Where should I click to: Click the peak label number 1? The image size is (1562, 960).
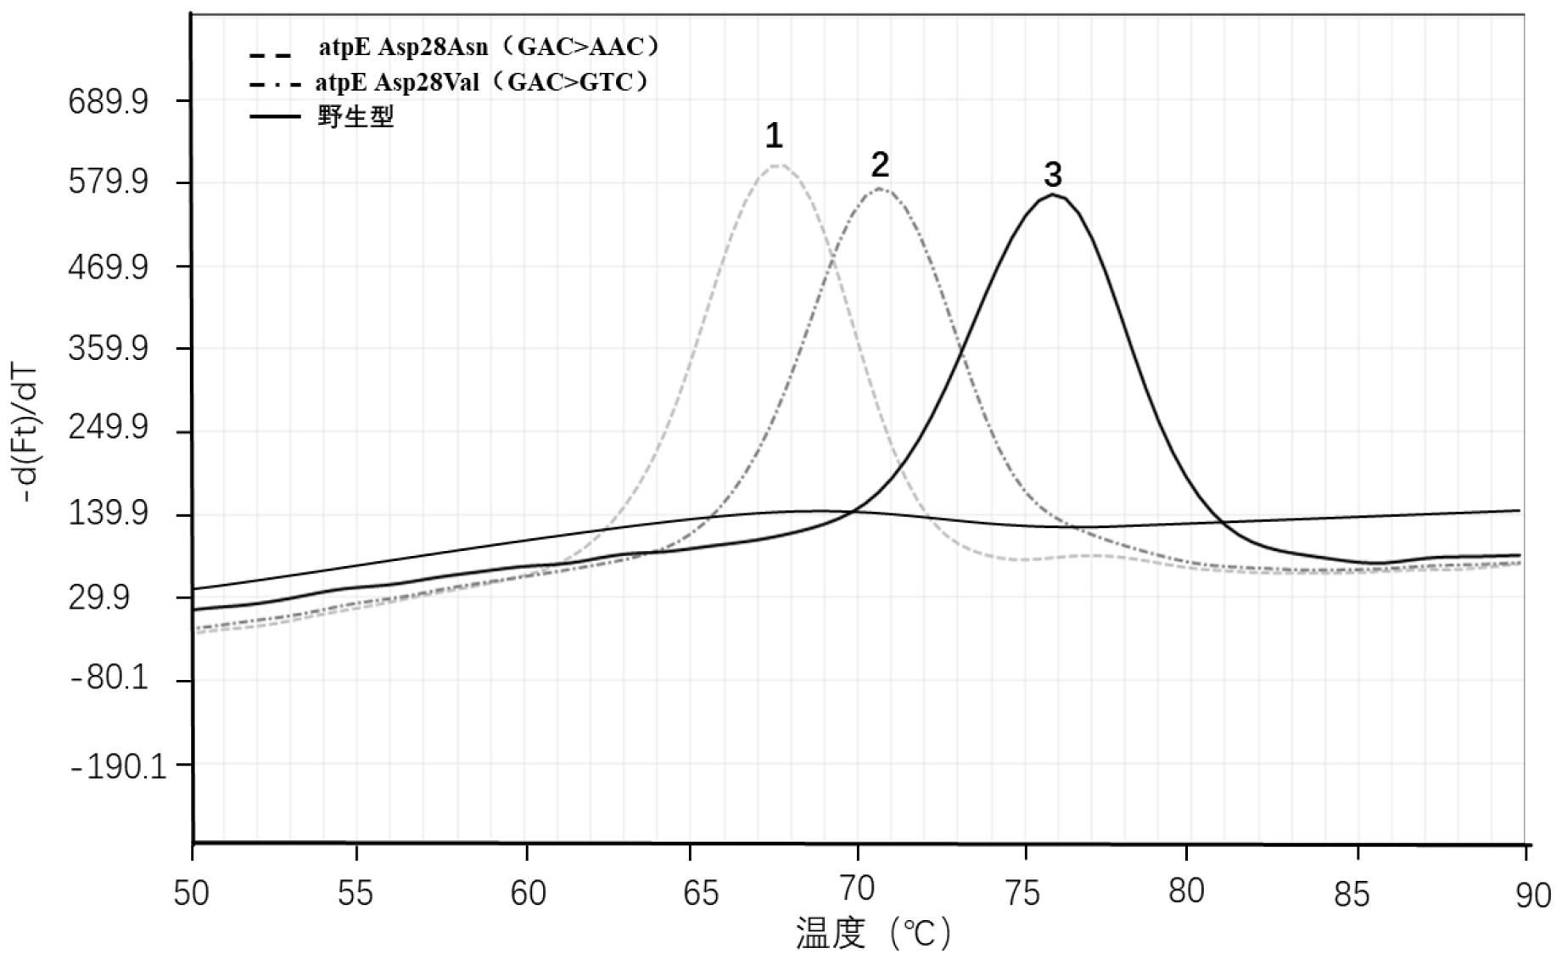(x=774, y=136)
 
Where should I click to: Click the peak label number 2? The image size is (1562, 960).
(x=880, y=164)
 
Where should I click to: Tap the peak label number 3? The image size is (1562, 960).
(x=1052, y=175)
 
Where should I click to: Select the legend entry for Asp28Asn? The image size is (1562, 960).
(x=489, y=47)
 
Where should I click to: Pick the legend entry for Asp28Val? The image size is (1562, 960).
(x=482, y=82)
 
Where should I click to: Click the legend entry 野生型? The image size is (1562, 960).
(x=356, y=115)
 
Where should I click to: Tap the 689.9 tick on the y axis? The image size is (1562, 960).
(x=108, y=102)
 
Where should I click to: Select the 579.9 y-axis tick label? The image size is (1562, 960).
(x=108, y=183)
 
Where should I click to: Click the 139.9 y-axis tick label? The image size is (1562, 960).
(x=108, y=514)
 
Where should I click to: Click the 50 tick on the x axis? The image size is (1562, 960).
(x=193, y=893)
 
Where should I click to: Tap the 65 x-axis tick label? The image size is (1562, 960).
(x=700, y=893)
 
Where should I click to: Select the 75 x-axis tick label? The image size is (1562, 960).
(x=1026, y=893)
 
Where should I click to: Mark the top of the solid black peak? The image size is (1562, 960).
(x=1053, y=195)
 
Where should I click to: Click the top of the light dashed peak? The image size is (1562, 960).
(x=777, y=165)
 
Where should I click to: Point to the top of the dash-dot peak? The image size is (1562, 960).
(x=880, y=188)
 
